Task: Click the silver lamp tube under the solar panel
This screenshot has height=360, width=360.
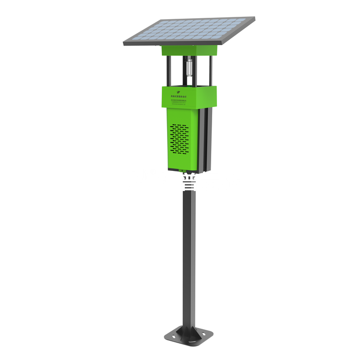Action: pyautogui.click(x=189, y=67)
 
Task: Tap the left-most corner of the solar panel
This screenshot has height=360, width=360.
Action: pyautogui.click(x=125, y=44)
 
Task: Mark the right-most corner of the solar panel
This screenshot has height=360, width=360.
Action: pyautogui.click(x=253, y=20)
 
